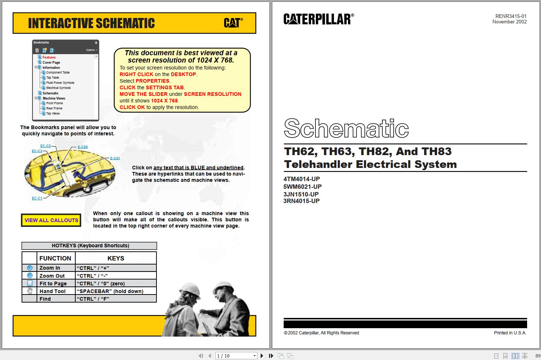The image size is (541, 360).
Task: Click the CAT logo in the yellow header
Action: point(233,23)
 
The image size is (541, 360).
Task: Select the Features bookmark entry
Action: point(49,57)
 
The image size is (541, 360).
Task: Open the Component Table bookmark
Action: point(58,72)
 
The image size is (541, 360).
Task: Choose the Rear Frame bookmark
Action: point(54,108)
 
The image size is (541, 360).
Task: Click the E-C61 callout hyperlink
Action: point(115,158)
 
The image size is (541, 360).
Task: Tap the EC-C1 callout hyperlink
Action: point(37,198)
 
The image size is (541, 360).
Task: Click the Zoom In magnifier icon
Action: point(30,268)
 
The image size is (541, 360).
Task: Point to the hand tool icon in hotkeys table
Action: point(30,291)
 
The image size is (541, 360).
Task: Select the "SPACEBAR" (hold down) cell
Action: point(110,291)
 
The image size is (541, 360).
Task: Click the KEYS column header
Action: point(116,258)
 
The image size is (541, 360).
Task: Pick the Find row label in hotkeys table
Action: point(45,299)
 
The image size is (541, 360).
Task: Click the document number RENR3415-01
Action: point(511,16)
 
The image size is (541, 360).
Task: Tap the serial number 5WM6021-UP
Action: point(302,187)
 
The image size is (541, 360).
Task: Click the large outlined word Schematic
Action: point(346,128)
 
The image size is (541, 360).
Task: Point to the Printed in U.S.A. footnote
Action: point(510,333)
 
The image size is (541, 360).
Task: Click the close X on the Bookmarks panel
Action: point(96,43)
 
